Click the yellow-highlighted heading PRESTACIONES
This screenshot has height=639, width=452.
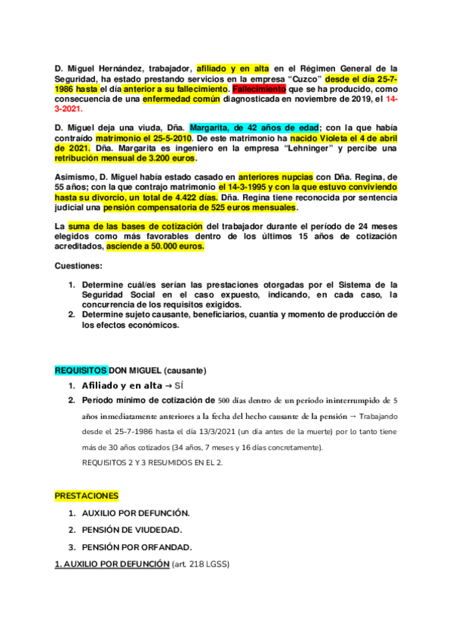coord(86,496)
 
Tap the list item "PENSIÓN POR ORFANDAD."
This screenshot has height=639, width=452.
coord(137,546)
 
